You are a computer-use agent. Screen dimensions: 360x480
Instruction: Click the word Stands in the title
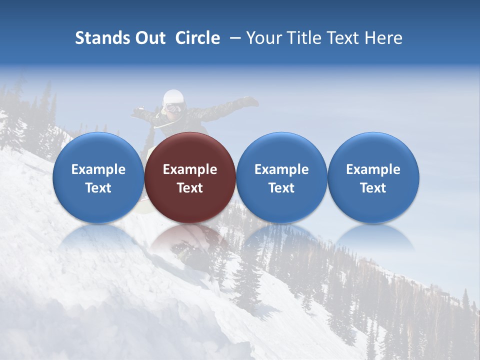102,38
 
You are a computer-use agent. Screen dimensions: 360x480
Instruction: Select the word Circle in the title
197,38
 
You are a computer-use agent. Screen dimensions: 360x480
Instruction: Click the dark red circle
190,177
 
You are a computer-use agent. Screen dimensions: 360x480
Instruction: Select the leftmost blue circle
98,177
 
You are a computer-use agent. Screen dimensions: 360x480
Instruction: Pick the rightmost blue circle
373,177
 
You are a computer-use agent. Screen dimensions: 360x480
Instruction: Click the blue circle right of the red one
281,177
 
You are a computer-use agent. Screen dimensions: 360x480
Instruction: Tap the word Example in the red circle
190,169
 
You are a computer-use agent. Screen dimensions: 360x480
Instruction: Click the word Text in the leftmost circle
98,188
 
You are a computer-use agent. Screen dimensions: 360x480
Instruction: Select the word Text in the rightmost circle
373,188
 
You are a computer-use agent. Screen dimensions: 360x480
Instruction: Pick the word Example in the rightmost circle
373,169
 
